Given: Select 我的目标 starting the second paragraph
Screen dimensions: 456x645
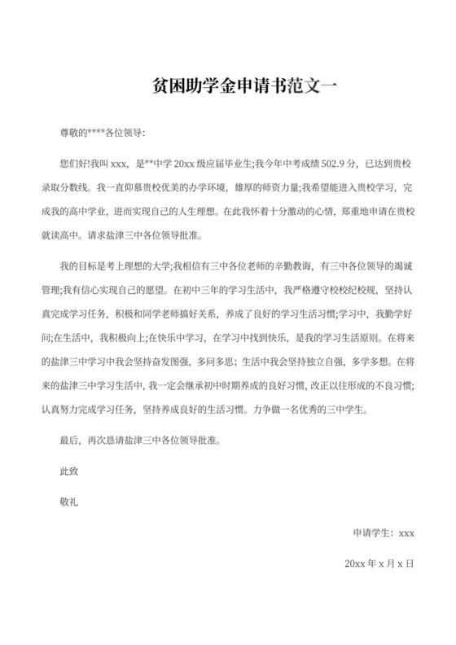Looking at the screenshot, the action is click(x=80, y=266).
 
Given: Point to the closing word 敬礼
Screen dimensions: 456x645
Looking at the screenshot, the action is click(x=69, y=503).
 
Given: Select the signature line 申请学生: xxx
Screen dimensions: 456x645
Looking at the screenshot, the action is click(x=384, y=533).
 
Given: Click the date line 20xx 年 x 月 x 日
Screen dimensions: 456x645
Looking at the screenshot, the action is click(x=379, y=564).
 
